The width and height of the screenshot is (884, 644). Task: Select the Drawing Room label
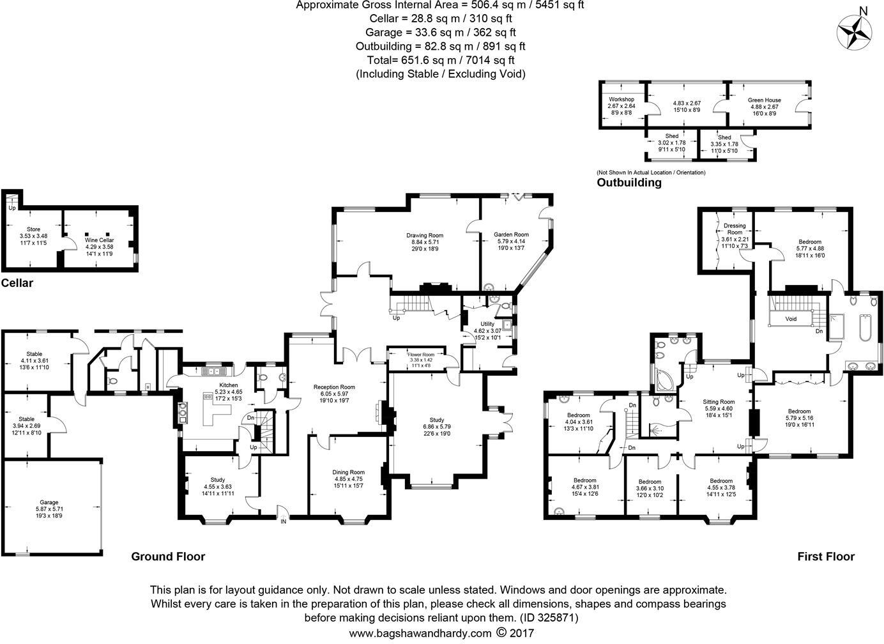tap(425, 235)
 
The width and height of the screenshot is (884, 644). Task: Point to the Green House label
tap(764, 100)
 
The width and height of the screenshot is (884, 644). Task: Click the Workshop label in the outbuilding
tap(621, 100)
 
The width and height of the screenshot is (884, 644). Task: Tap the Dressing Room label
tap(735, 229)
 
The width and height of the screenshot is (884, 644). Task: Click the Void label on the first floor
tap(791, 318)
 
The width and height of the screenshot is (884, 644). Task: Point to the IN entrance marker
tap(283, 521)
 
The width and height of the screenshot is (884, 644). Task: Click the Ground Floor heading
tap(168, 556)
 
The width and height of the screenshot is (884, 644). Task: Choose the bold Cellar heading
tap(17, 283)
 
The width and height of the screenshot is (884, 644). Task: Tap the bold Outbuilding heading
tap(629, 183)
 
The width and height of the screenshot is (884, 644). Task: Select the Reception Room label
tap(334, 387)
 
